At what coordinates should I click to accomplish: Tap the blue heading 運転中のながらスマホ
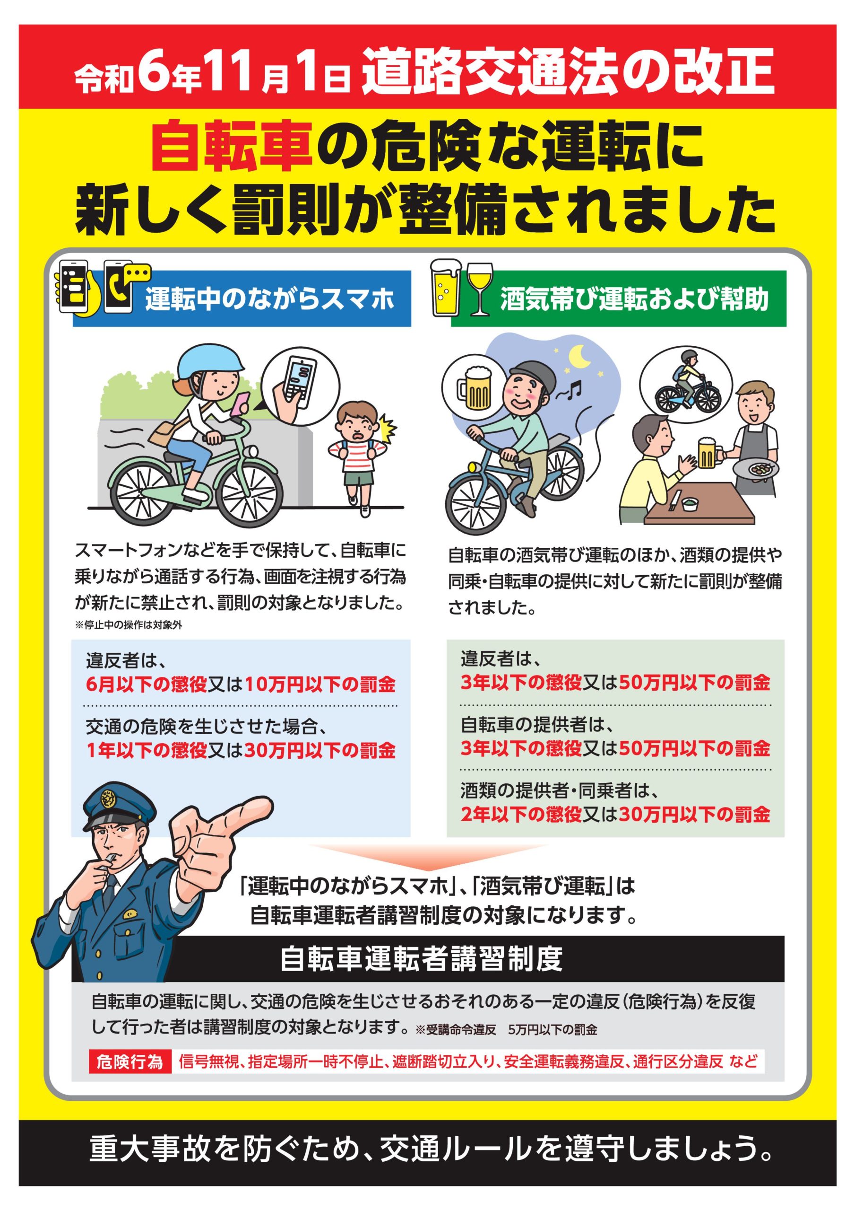270,299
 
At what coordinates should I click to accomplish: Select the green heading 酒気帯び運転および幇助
634,299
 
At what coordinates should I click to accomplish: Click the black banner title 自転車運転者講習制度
422,959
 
